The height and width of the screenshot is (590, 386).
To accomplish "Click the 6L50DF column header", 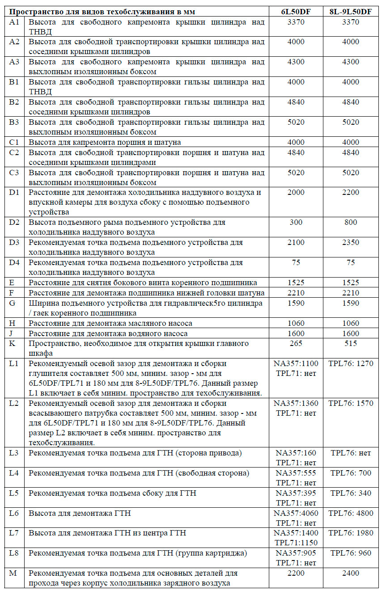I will click(x=296, y=12).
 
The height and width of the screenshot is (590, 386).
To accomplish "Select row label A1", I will click(x=15, y=22).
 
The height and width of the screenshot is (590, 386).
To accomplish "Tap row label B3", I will click(x=15, y=122).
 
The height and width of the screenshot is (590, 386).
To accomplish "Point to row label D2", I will click(x=15, y=222).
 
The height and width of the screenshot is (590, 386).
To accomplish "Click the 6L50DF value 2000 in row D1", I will click(x=296, y=192).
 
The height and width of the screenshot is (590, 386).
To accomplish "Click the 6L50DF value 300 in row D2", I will click(x=296, y=222).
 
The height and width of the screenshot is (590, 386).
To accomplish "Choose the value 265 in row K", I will click(x=296, y=343).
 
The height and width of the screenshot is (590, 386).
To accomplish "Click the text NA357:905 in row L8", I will click(x=296, y=553).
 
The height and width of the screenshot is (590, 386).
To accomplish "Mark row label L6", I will click(x=15, y=513).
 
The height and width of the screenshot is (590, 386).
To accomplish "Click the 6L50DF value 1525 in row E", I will click(x=296, y=282).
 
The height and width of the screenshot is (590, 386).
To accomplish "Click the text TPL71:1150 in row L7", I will click(x=296, y=543).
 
